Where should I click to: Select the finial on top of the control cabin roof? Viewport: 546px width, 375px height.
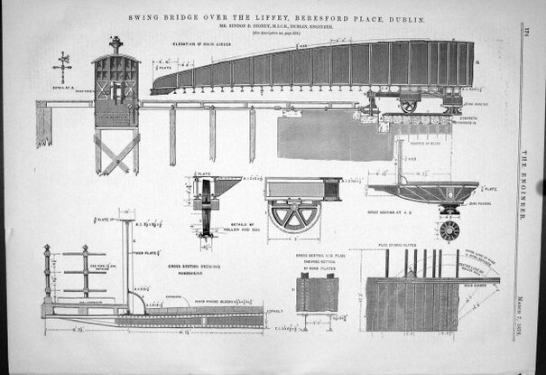point(115,43)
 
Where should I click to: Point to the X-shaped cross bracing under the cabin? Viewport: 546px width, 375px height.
point(116,154)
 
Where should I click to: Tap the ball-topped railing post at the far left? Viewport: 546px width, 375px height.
point(48,276)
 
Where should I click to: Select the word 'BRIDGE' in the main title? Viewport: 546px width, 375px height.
point(187,17)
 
